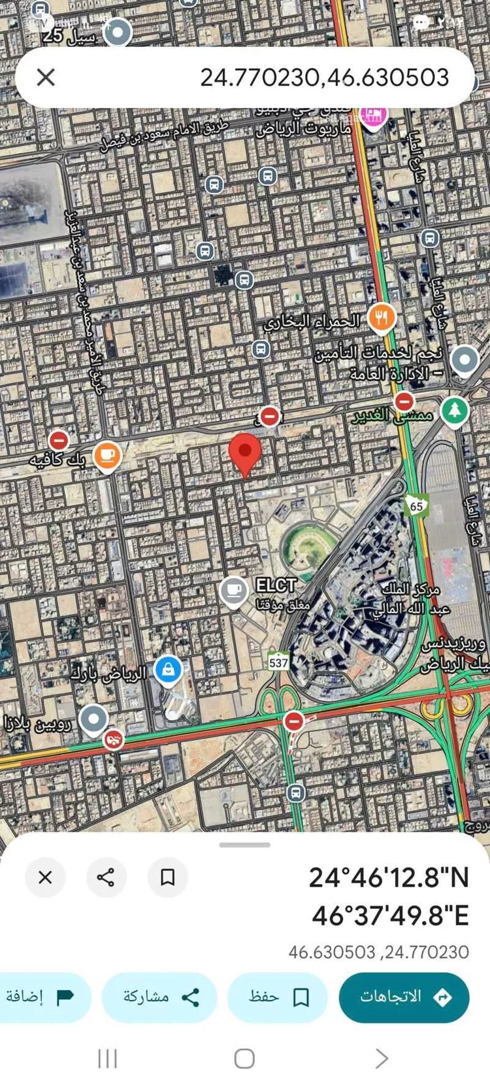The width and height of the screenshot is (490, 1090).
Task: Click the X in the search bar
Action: point(46,77)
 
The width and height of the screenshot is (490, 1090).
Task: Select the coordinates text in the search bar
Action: point(324,77)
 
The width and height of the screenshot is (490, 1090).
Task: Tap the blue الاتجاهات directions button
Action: point(404,997)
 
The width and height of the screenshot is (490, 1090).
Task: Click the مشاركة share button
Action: point(159,997)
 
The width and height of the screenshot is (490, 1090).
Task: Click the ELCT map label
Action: point(276,585)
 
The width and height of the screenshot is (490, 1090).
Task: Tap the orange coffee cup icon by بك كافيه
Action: point(107,456)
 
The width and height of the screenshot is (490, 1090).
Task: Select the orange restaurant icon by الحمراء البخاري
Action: point(382,318)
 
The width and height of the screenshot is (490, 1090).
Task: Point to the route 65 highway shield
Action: point(416,505)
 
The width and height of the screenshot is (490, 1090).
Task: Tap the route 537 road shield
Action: point(278,662)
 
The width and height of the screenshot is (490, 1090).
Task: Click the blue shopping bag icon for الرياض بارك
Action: point(168,670)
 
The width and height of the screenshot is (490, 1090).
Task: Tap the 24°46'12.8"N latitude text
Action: point(389,877)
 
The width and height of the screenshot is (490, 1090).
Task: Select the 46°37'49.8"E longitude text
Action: point(390,915)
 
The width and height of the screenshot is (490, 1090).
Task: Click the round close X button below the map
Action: point(45,877)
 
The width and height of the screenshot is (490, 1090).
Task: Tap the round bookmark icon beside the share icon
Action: point(167,877)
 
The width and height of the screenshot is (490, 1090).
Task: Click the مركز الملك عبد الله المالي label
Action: point(412,600)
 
